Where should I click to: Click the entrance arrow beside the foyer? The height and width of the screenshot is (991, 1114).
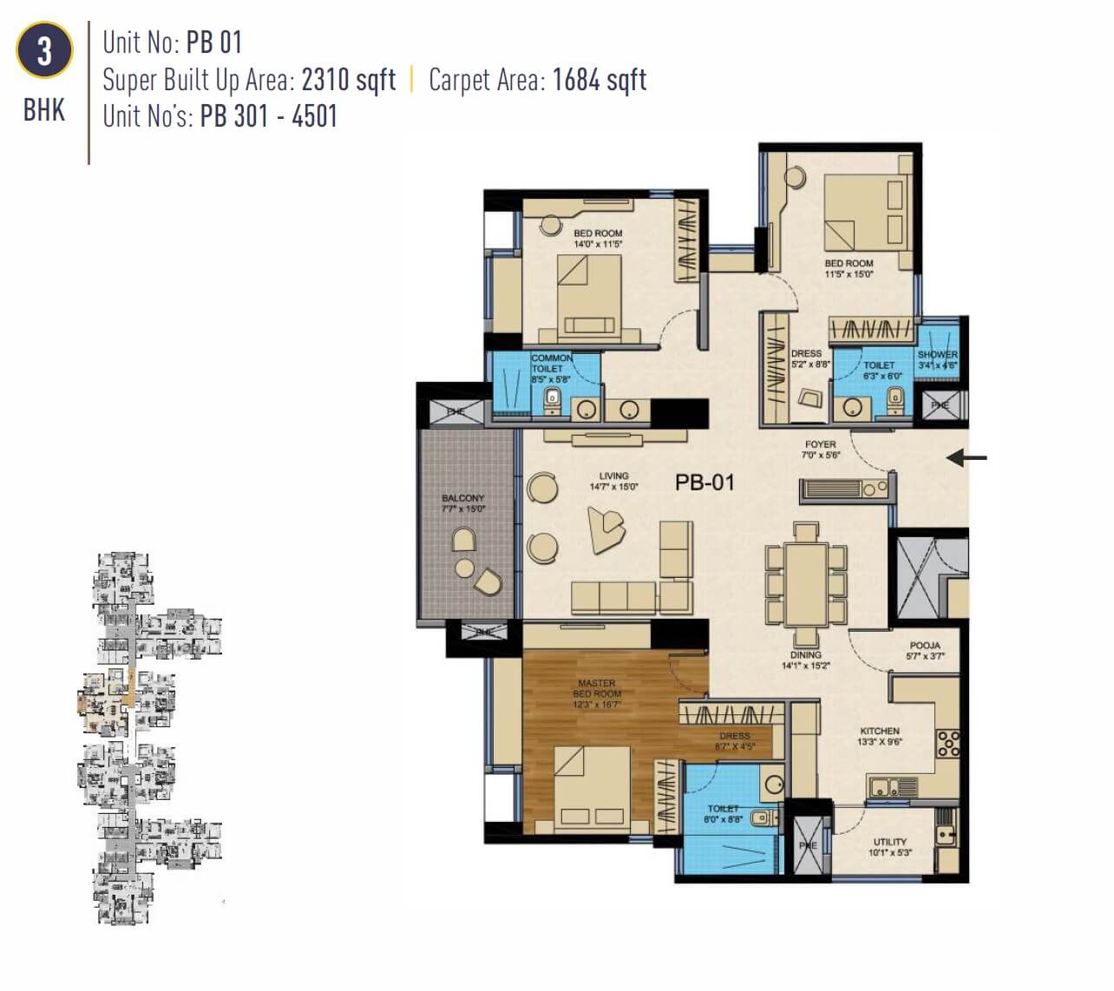[966, 456]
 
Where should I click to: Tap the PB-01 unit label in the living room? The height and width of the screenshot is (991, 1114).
[704, 482]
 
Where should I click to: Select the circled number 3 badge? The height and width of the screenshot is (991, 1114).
[44, 51]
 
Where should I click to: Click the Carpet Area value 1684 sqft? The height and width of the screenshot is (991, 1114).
[599, 80]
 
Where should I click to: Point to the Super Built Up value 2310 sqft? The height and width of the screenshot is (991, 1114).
[349, 80]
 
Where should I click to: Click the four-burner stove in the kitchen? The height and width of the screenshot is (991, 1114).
[948, 744]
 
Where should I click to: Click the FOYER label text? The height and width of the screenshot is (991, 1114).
[820, 444]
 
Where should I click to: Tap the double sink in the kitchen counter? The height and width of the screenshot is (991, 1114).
[893, 788]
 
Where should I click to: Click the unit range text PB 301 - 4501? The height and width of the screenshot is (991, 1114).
[268, 116]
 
